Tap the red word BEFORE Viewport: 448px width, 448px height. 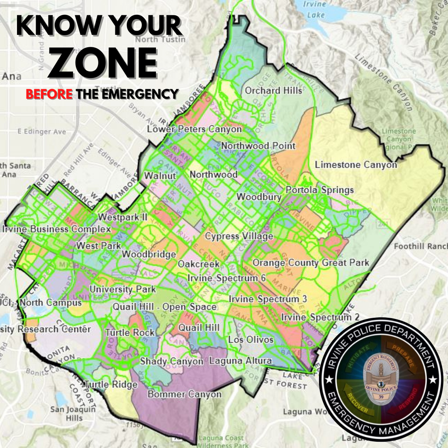(49, 94)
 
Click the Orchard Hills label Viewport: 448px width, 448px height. (273, 90)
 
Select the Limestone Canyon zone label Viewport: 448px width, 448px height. (356, 165)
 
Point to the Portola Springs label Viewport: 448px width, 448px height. (320, 190)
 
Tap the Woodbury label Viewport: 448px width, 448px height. (259, 197)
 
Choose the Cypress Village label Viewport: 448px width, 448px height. (239, 236)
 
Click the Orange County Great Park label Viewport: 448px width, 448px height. (311, 263)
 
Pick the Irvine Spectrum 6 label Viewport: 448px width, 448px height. (226, 278)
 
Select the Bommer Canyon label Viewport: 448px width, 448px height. (185, 394)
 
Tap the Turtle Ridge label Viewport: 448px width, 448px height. (111, 385)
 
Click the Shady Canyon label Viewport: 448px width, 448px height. (172, 361)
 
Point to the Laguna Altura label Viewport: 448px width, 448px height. (241, 360)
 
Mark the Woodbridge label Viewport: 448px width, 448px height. (149, 254)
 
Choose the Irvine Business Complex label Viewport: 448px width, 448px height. (56, 229)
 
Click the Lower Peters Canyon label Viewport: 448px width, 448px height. (195, 129)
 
